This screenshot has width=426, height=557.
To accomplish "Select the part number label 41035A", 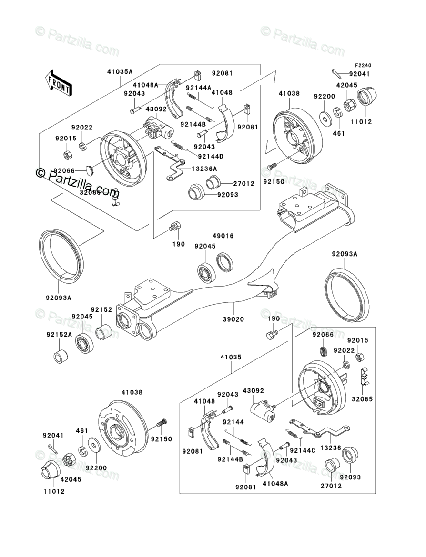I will coord(120,71).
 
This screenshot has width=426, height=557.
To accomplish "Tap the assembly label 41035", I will coord(231,357).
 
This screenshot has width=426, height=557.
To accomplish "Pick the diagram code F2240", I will coord(362,65).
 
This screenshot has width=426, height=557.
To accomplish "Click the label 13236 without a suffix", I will coord(331,448).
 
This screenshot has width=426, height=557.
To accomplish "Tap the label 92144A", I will coord(198,88).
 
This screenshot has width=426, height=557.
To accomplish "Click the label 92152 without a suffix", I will coord(101,309).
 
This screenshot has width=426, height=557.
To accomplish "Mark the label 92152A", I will coord(59,335).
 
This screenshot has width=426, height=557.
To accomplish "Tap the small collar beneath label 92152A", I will coord(60,357).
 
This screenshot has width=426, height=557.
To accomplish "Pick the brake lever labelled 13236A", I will coord(172,163).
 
